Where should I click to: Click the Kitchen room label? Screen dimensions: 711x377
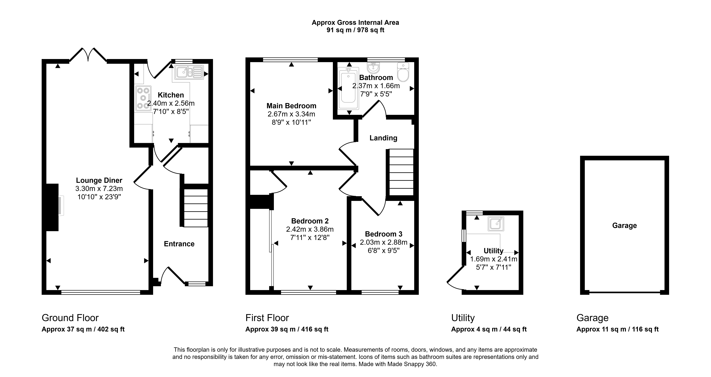point(171,95)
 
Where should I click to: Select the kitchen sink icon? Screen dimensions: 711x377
point(189,72)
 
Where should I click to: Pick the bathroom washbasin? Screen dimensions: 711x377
point(373,67)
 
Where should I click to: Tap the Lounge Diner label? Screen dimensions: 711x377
point(99,180)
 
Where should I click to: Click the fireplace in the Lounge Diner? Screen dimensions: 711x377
point(52,207)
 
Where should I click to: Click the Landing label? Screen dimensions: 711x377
point(383,138)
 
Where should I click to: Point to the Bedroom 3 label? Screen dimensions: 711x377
point(384,234)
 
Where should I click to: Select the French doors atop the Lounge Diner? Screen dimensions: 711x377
point(88,54)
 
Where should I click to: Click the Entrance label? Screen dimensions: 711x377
point(179,244)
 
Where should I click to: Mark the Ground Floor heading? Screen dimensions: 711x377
point(70,318)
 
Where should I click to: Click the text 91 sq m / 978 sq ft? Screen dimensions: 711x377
point(356,30)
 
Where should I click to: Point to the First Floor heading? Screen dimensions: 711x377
point(267,318)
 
